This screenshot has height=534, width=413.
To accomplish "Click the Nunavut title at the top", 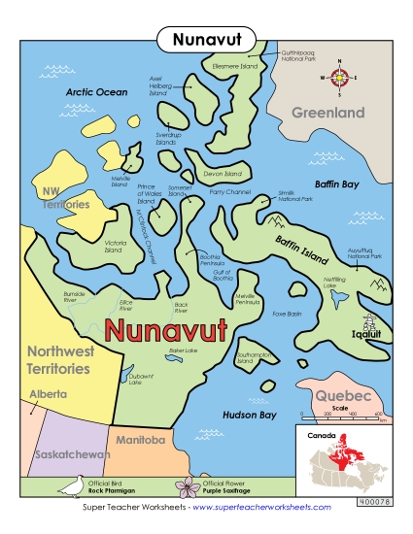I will pyautogui.click(x=206, y=39).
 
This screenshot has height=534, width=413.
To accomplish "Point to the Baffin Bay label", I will pyautogui.click(x=337, y=183).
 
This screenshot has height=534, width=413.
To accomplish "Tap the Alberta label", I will pyautogui.click(x=48, y=395).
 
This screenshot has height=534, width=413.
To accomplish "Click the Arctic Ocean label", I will pyautogui.click(x=96, y=92).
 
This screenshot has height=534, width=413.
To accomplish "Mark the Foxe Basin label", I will pyautogui.click(x=287, y=314).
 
